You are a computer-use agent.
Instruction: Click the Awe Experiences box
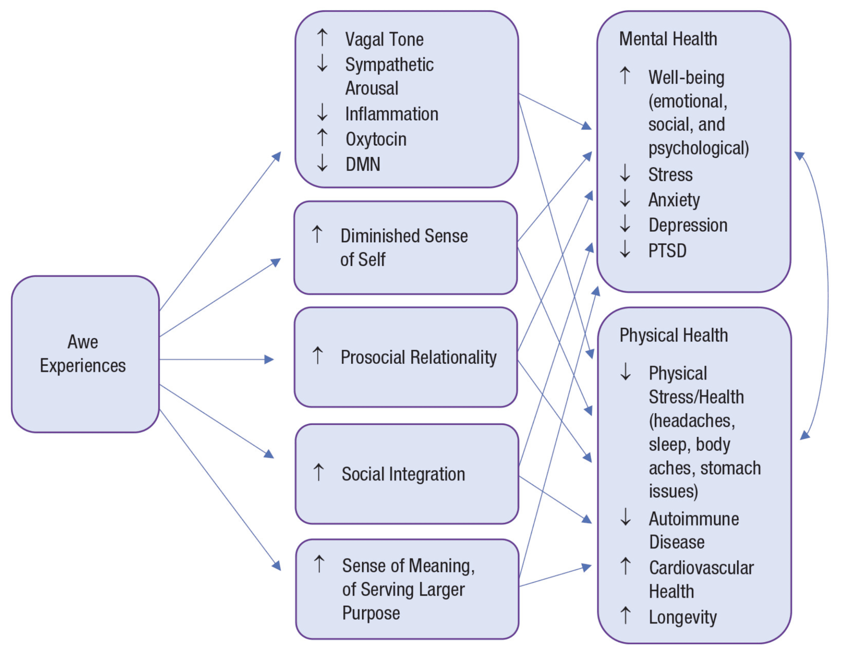(x=85, y=354)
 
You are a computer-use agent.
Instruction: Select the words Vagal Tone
(x=384, y=40)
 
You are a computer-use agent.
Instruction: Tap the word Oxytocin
(x=376, y=139)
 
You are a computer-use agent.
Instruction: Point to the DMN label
(x=363, y=164)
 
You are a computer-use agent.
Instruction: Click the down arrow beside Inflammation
(x=322, y=113)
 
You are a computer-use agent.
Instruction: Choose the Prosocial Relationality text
(x=418, y=357)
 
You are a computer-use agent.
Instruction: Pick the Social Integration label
(x=403, y=474)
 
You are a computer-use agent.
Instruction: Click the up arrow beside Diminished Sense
(x=317, y=234)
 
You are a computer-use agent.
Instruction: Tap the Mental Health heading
(x=668, y=39)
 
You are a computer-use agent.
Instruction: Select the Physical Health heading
(x=673, y=335)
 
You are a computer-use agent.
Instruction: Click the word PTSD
(x=667, y=250)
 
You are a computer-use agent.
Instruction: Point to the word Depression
(x=688, y=225)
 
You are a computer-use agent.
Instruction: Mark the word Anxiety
(x=674, y=200)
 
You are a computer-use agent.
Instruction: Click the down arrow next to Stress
(x=625, y=173)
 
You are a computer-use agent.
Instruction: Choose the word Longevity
(x=683, y=617)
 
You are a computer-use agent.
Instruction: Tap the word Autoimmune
(x=694, y=519)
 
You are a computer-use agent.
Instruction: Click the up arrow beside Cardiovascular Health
(x=626, y=566)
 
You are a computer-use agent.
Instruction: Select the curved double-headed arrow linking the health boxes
(x=827, y=296)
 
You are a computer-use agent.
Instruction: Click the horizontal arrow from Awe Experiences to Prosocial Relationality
(x=215, y=359)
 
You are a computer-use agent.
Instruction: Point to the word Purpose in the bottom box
(x=371, y=613)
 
